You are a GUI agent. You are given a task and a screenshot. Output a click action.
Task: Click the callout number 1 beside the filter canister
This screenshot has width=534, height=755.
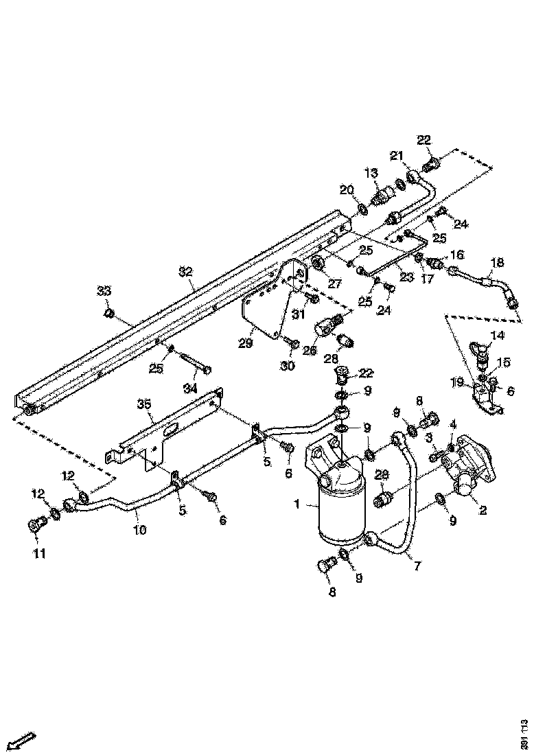click(x=297, y=505)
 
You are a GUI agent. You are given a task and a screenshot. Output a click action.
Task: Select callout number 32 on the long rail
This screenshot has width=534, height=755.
click(x=185, y=272)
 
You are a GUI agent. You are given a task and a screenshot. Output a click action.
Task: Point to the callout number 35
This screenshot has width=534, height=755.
click(x=143, y=405)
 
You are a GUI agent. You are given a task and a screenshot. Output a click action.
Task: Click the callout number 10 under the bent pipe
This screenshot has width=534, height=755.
click(x=139, y=531)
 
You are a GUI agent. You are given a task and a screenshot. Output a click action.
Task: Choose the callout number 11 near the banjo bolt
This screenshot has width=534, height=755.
click(x=39, y=553)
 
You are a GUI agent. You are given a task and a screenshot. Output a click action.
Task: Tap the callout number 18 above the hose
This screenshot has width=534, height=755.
click(x=498, y=263)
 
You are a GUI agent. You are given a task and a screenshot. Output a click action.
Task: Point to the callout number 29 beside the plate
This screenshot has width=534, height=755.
click(x=246, y=343)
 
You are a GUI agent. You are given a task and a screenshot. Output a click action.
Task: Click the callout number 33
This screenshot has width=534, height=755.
click(x=103, y=291)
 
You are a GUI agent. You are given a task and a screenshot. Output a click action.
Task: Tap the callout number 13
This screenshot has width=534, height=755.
click(x=371, y=172)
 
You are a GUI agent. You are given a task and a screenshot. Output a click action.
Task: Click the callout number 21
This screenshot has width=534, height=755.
click(x=397, y=157)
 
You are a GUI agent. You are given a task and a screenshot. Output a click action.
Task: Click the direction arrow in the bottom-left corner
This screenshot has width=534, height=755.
click(x=24, y=741)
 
